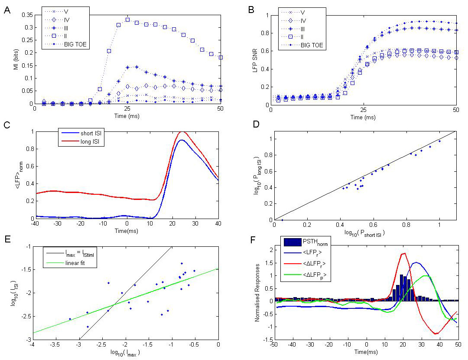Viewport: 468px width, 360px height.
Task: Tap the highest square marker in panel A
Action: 127,20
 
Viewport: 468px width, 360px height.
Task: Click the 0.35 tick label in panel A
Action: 27,15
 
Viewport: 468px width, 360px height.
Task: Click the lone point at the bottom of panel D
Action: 282,220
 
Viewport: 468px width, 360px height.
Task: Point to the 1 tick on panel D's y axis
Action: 269,139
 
